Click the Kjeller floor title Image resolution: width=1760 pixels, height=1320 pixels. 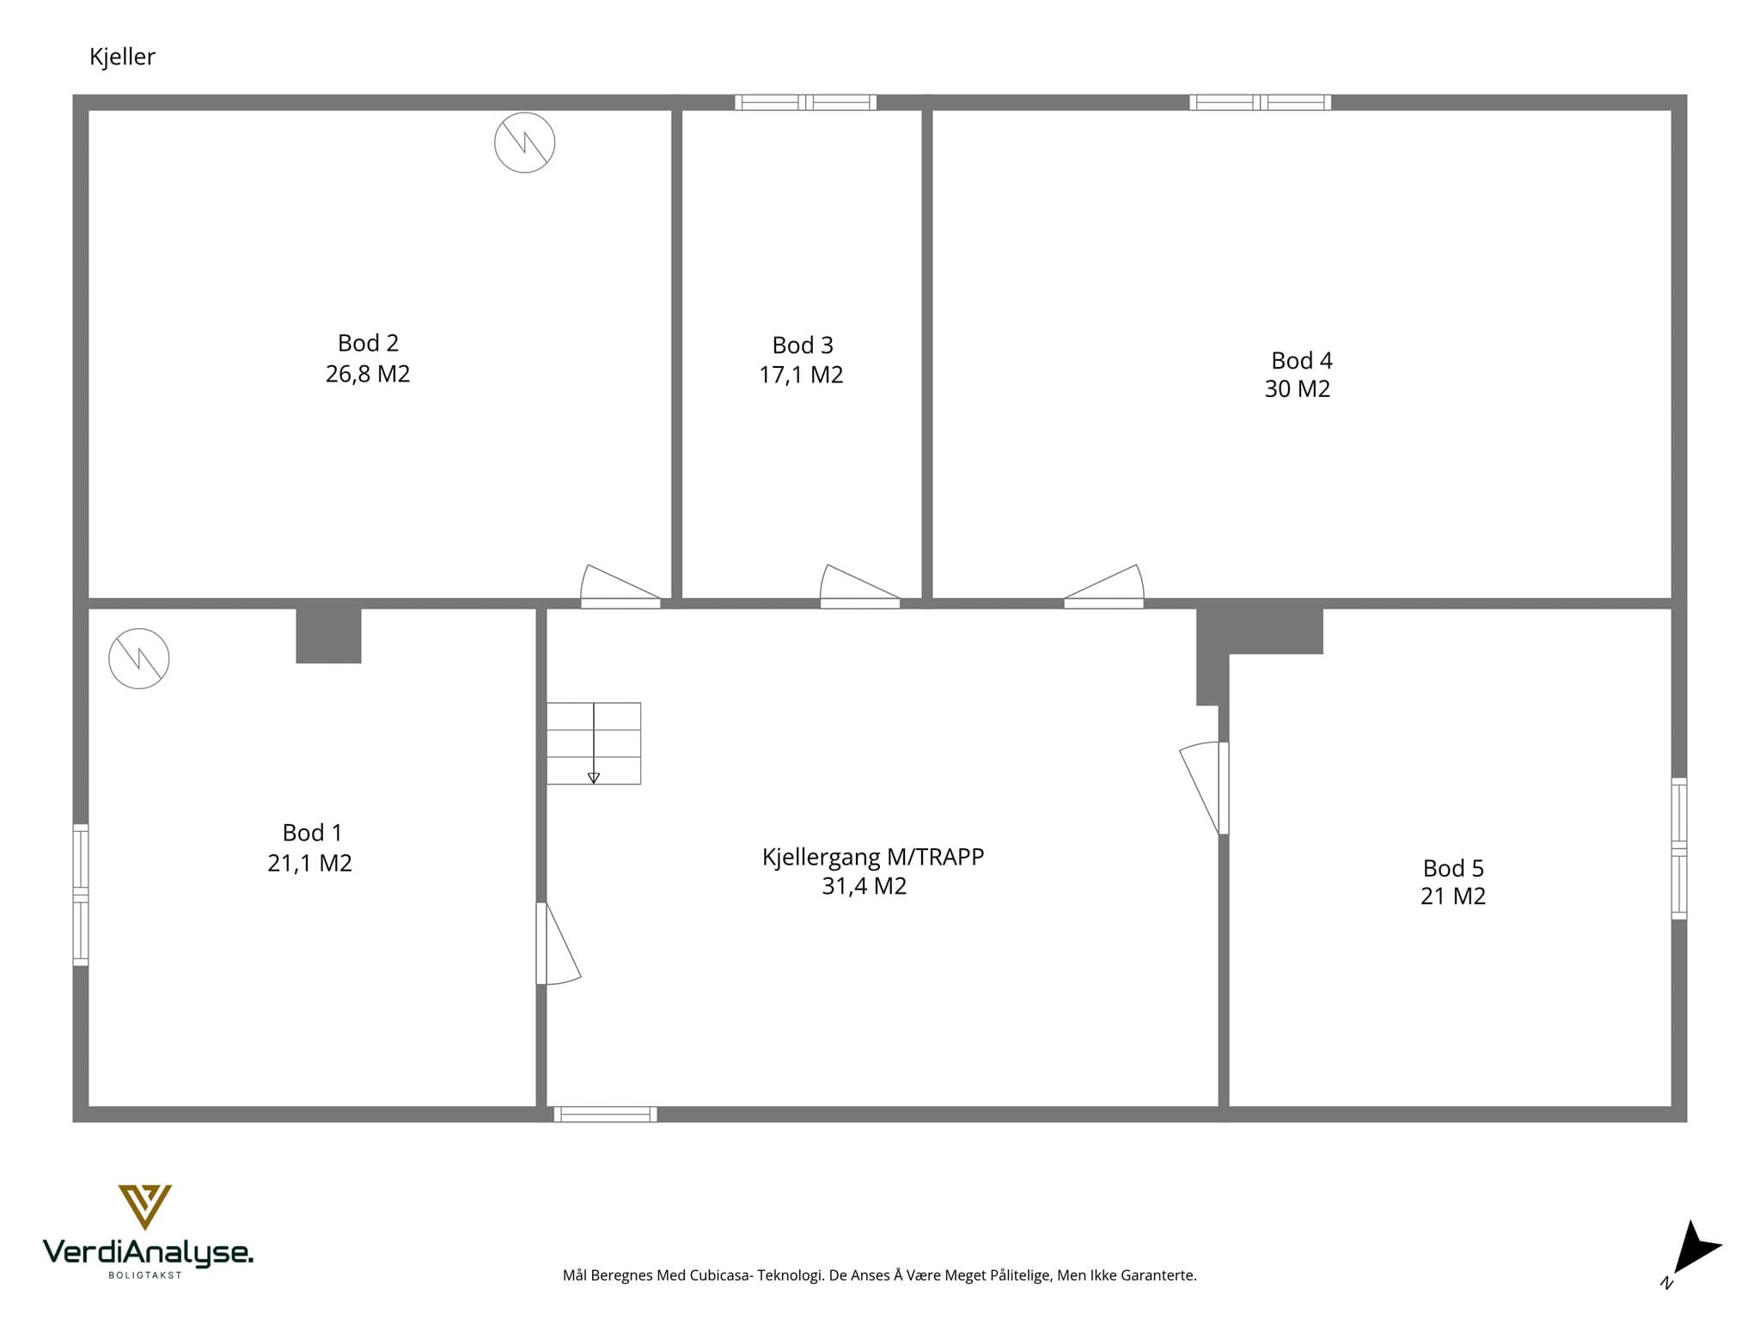pyautogui.click(x=122, y=57)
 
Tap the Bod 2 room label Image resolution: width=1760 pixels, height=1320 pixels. pyautogui.click(x=368, y=343)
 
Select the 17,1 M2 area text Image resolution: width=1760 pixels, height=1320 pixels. pyautogui.click(x=801, y=375)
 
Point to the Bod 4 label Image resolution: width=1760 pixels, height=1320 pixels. pyautogui.click(x=1301, y=360)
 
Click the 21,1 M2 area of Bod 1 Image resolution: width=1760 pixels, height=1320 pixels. pyautogui.click(x=309, y=863)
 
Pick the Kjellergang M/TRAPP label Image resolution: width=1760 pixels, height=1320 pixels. pyautogui.click(x=873, y=857)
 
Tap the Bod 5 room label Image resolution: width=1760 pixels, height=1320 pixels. pyautogui.click(x=1453, y=868)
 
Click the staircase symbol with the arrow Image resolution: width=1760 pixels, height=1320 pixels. pyautogui.click(x=594, y=743)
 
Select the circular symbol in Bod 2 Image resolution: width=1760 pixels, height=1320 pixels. pyautogui.click(x=524, y=143)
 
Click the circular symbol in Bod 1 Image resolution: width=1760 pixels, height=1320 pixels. pyautogui.click(x=139, y=659)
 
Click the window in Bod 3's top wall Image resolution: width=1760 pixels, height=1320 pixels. pyautogui.click(x=805, y=102)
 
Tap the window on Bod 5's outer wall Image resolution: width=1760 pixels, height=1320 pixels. pyautogui.click(x=1679, y=848)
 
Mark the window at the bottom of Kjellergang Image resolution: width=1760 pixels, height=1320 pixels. pyautogui.click(x=605, y=1115)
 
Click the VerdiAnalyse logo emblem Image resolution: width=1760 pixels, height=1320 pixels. pyautogui.click(x=144, y=1207)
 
